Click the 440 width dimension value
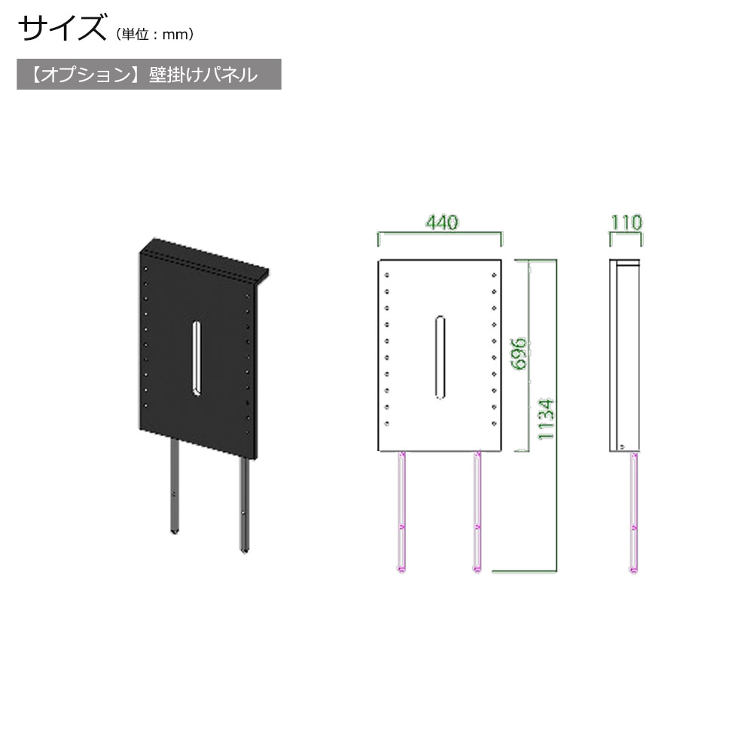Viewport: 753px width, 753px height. (x=442, y=222)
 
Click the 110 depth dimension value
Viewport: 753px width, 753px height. (x=626, y=222)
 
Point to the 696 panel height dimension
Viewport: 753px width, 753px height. (x=519, y=354)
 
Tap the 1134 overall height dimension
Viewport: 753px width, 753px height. (x=546, y=419)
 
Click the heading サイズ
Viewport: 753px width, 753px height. (x=62, y=27)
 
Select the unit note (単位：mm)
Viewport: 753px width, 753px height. (x=155, y=34)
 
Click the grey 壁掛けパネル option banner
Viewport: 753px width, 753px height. (x=149, y=75)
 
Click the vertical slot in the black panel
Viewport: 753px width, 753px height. (x=197, y=358)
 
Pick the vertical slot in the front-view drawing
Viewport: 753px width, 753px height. (x=440, y=357)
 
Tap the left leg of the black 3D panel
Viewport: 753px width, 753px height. (x=175, y=485)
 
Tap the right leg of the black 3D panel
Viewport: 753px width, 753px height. (x=245, y=505)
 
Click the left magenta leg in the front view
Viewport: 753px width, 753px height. (x=401, y=512)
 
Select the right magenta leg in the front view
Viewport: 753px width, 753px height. (x=477, y=512)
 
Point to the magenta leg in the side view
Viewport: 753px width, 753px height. (x=634, y=513)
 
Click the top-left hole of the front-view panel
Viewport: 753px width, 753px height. (x=387, y=275)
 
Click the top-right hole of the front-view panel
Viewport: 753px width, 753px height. (x=494, y=275)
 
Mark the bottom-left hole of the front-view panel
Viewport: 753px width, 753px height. (x=387, y=423)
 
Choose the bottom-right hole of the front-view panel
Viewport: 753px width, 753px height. (x=494, y=423)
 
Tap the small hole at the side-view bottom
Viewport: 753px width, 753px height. (x=623, y=447)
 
